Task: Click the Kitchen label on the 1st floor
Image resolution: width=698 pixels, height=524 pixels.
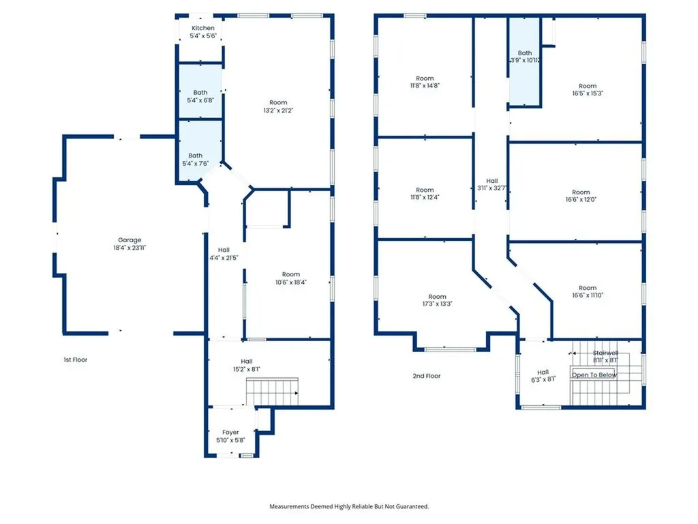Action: click(x=203, y=28)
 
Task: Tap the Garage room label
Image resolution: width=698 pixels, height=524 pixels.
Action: click(x=130, y=239)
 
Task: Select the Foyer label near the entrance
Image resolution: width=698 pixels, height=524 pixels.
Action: click(x=230, y=432)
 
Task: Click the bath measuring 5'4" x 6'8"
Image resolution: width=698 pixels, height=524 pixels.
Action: click(x=200, y=96)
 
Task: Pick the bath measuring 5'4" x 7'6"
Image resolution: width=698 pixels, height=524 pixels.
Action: click(x=196, y=151)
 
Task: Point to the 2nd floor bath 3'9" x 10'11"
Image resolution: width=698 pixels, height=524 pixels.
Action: click(x=524, y=61)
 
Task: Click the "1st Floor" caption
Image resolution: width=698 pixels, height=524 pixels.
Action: click(x=75, y=360)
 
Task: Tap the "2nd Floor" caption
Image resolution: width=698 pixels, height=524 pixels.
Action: click(x=427, y=376)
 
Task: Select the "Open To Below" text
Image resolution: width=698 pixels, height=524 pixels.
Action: click(x=594, y=375)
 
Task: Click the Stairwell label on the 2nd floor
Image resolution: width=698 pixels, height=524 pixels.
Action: click(x=605, y=353)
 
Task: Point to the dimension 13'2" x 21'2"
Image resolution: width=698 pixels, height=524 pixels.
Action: click(x=278, y=111)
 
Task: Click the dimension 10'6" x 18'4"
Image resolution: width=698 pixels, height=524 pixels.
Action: click(x=290, y=282)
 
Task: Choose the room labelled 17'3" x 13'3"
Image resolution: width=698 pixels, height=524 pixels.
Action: click(x=437, y=300)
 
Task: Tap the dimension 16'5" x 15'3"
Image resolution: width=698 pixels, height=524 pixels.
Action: click(x=588, y=93)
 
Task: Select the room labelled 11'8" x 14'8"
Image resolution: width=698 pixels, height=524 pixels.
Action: click(x=425, y=82)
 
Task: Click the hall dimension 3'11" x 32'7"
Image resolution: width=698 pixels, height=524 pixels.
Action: click(x=491, y=188)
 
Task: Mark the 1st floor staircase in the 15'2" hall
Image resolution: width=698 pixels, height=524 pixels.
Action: click(x=272, y=392)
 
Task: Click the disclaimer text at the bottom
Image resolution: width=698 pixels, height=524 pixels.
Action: click(x=349, y=506)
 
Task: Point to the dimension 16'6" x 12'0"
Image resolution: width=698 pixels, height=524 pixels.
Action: click(x=581, y=200)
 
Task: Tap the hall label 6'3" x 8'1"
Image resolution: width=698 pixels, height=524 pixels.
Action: click(x=543, y=376)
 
